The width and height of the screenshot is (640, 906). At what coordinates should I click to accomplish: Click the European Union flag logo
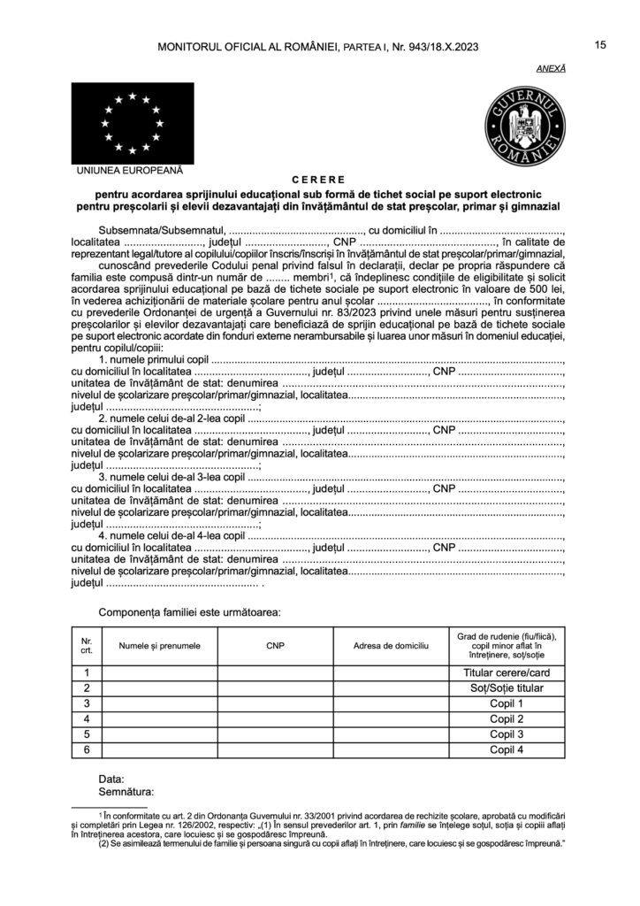(x=130, y=121)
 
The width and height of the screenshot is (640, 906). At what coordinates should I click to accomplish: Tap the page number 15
(x=599, y=45)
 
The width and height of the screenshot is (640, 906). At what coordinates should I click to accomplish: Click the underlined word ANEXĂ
(x=552, y=68)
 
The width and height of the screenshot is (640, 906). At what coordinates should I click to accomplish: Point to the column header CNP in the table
(x=276, y=646)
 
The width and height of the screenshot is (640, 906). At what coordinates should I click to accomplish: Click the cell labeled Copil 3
(x=507, y=734)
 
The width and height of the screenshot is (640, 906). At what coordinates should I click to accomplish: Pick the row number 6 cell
(x=87, y=749)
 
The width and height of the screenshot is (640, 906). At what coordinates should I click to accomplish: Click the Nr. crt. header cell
(x=87, y=646)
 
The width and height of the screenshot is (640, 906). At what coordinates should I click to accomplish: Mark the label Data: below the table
(x=111, y=778)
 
